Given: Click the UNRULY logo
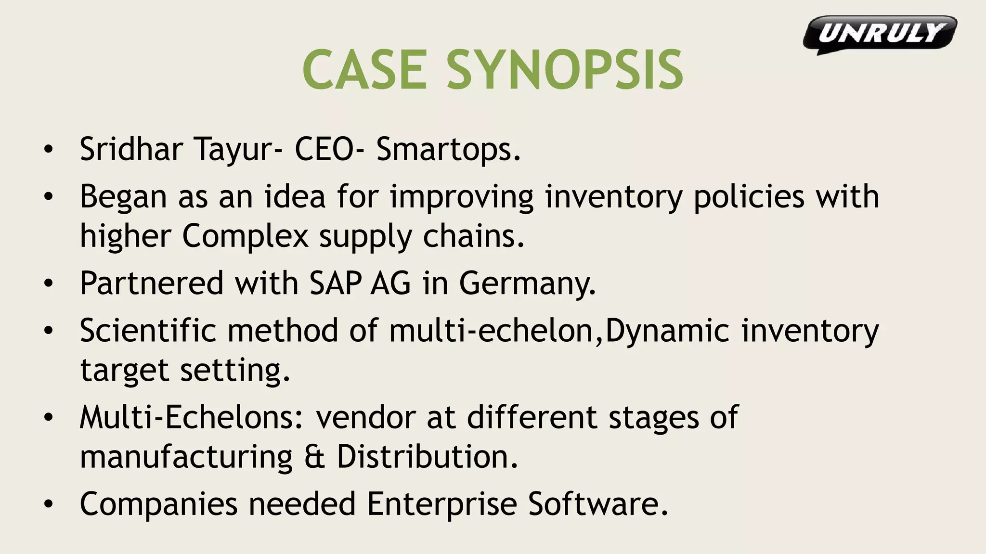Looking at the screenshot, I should pyautogui.click(x=880, y=34).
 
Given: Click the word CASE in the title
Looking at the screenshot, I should pyautogui.click(x=364, y=70).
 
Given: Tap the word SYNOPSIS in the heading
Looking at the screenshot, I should pyautogui.click(x=565, y=70).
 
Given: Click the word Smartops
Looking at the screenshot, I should pyautogui.click(x=448, y=149).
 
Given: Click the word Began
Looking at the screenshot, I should pyautogui.click(x=123, y=197).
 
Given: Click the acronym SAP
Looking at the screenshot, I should pyautogui.click(x=335, y=283).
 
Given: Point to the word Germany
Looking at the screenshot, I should pyautogui.click(x=527, y=284).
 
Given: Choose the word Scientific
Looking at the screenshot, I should pyautogui.click(x=148, y=331).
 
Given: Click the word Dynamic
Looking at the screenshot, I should pyautogui.click(x=667, y=332).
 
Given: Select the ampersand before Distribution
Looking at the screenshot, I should pyautogui.click(x=315, y=457).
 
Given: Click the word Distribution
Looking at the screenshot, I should pyautogui.click(x=427, y=456).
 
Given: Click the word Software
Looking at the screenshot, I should pyautogui.click(x=598, y=504).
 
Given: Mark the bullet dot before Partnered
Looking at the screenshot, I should pyautogui.click(x=48, y=283).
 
